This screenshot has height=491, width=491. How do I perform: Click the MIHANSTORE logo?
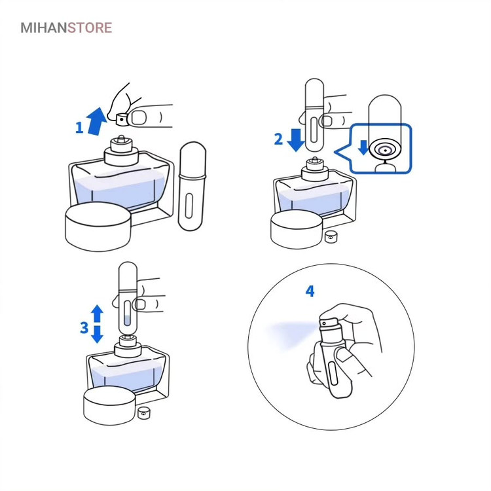(x=66, y=28)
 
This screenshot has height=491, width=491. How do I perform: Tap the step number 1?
(x=79, y=128)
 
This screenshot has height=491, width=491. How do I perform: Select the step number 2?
(x=278, y=139)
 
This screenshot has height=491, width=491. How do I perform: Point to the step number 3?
(x=84, y=327)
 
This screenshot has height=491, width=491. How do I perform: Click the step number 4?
(x=310, y=291)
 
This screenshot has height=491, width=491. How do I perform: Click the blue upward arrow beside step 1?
(x=97, y=122)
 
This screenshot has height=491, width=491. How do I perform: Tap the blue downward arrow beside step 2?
(x=296, y=140)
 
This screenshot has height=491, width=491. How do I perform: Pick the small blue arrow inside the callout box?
(x=363, y=147)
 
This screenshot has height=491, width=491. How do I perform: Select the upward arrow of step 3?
(x=97, y=314)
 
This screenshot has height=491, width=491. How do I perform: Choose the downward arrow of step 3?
(x=97, y=335)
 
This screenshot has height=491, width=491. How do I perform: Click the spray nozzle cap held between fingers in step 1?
(x=122, y=119)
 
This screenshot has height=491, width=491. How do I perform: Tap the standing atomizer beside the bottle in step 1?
(x=192, y=187)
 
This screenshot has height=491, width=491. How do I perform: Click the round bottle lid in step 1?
(x=98, y=227)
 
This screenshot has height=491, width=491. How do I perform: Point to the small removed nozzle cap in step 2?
(x=331, y=237)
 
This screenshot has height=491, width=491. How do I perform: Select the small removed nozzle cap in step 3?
(x=144, y=412)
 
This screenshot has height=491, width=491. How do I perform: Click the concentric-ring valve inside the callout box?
(x=385, y=151)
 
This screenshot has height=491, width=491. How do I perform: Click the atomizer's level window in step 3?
(x=127, y=313)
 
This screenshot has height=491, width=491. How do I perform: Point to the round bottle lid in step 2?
(x=297, y=229)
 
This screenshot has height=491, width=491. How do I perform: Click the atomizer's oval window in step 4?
(x=334, y=373)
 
